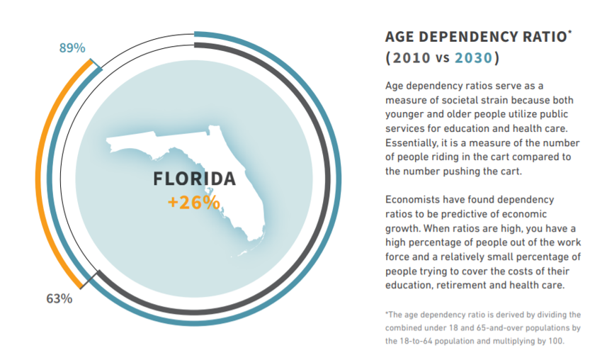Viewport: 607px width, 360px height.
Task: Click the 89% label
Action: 72,48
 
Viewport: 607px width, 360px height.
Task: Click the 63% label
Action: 59,298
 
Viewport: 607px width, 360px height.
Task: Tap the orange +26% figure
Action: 193,202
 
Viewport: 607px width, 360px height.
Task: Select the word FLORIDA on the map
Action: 194,179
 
